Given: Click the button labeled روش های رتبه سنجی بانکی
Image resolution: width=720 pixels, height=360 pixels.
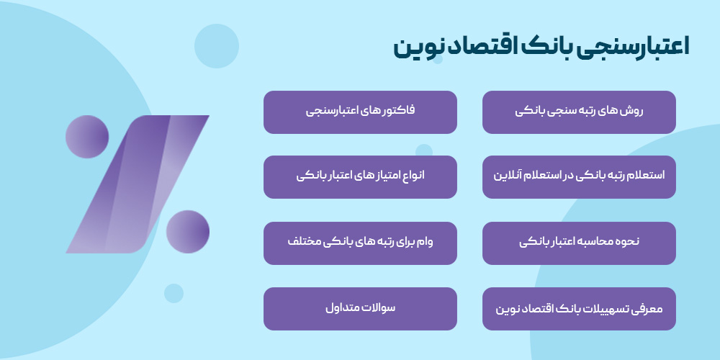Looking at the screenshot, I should (579, 112).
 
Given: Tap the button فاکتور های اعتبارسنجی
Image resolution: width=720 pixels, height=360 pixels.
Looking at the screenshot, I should (360, 112).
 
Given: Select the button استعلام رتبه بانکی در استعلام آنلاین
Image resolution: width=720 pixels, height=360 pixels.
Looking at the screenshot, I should (579, 176).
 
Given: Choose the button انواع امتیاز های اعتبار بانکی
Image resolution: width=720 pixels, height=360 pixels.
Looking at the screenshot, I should (360, 176).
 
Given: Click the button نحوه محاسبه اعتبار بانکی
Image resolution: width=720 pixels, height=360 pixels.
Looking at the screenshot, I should (579, 243).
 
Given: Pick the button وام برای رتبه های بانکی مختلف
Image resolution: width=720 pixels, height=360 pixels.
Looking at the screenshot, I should (360, 243).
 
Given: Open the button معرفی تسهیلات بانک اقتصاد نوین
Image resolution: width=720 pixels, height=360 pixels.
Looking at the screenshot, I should (579, 309).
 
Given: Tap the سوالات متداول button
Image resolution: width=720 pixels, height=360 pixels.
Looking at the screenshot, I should (360, 309).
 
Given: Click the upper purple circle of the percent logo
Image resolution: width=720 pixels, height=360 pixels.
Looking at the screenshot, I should (87, 137).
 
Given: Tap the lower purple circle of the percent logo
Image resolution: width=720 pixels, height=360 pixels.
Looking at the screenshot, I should (188, 231).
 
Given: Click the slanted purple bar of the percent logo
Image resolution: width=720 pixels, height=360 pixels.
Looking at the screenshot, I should (137, 184).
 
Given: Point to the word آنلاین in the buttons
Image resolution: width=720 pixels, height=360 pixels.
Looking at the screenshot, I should (510, 176).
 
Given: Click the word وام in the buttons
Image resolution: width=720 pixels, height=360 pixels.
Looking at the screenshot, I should (444, 243).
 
